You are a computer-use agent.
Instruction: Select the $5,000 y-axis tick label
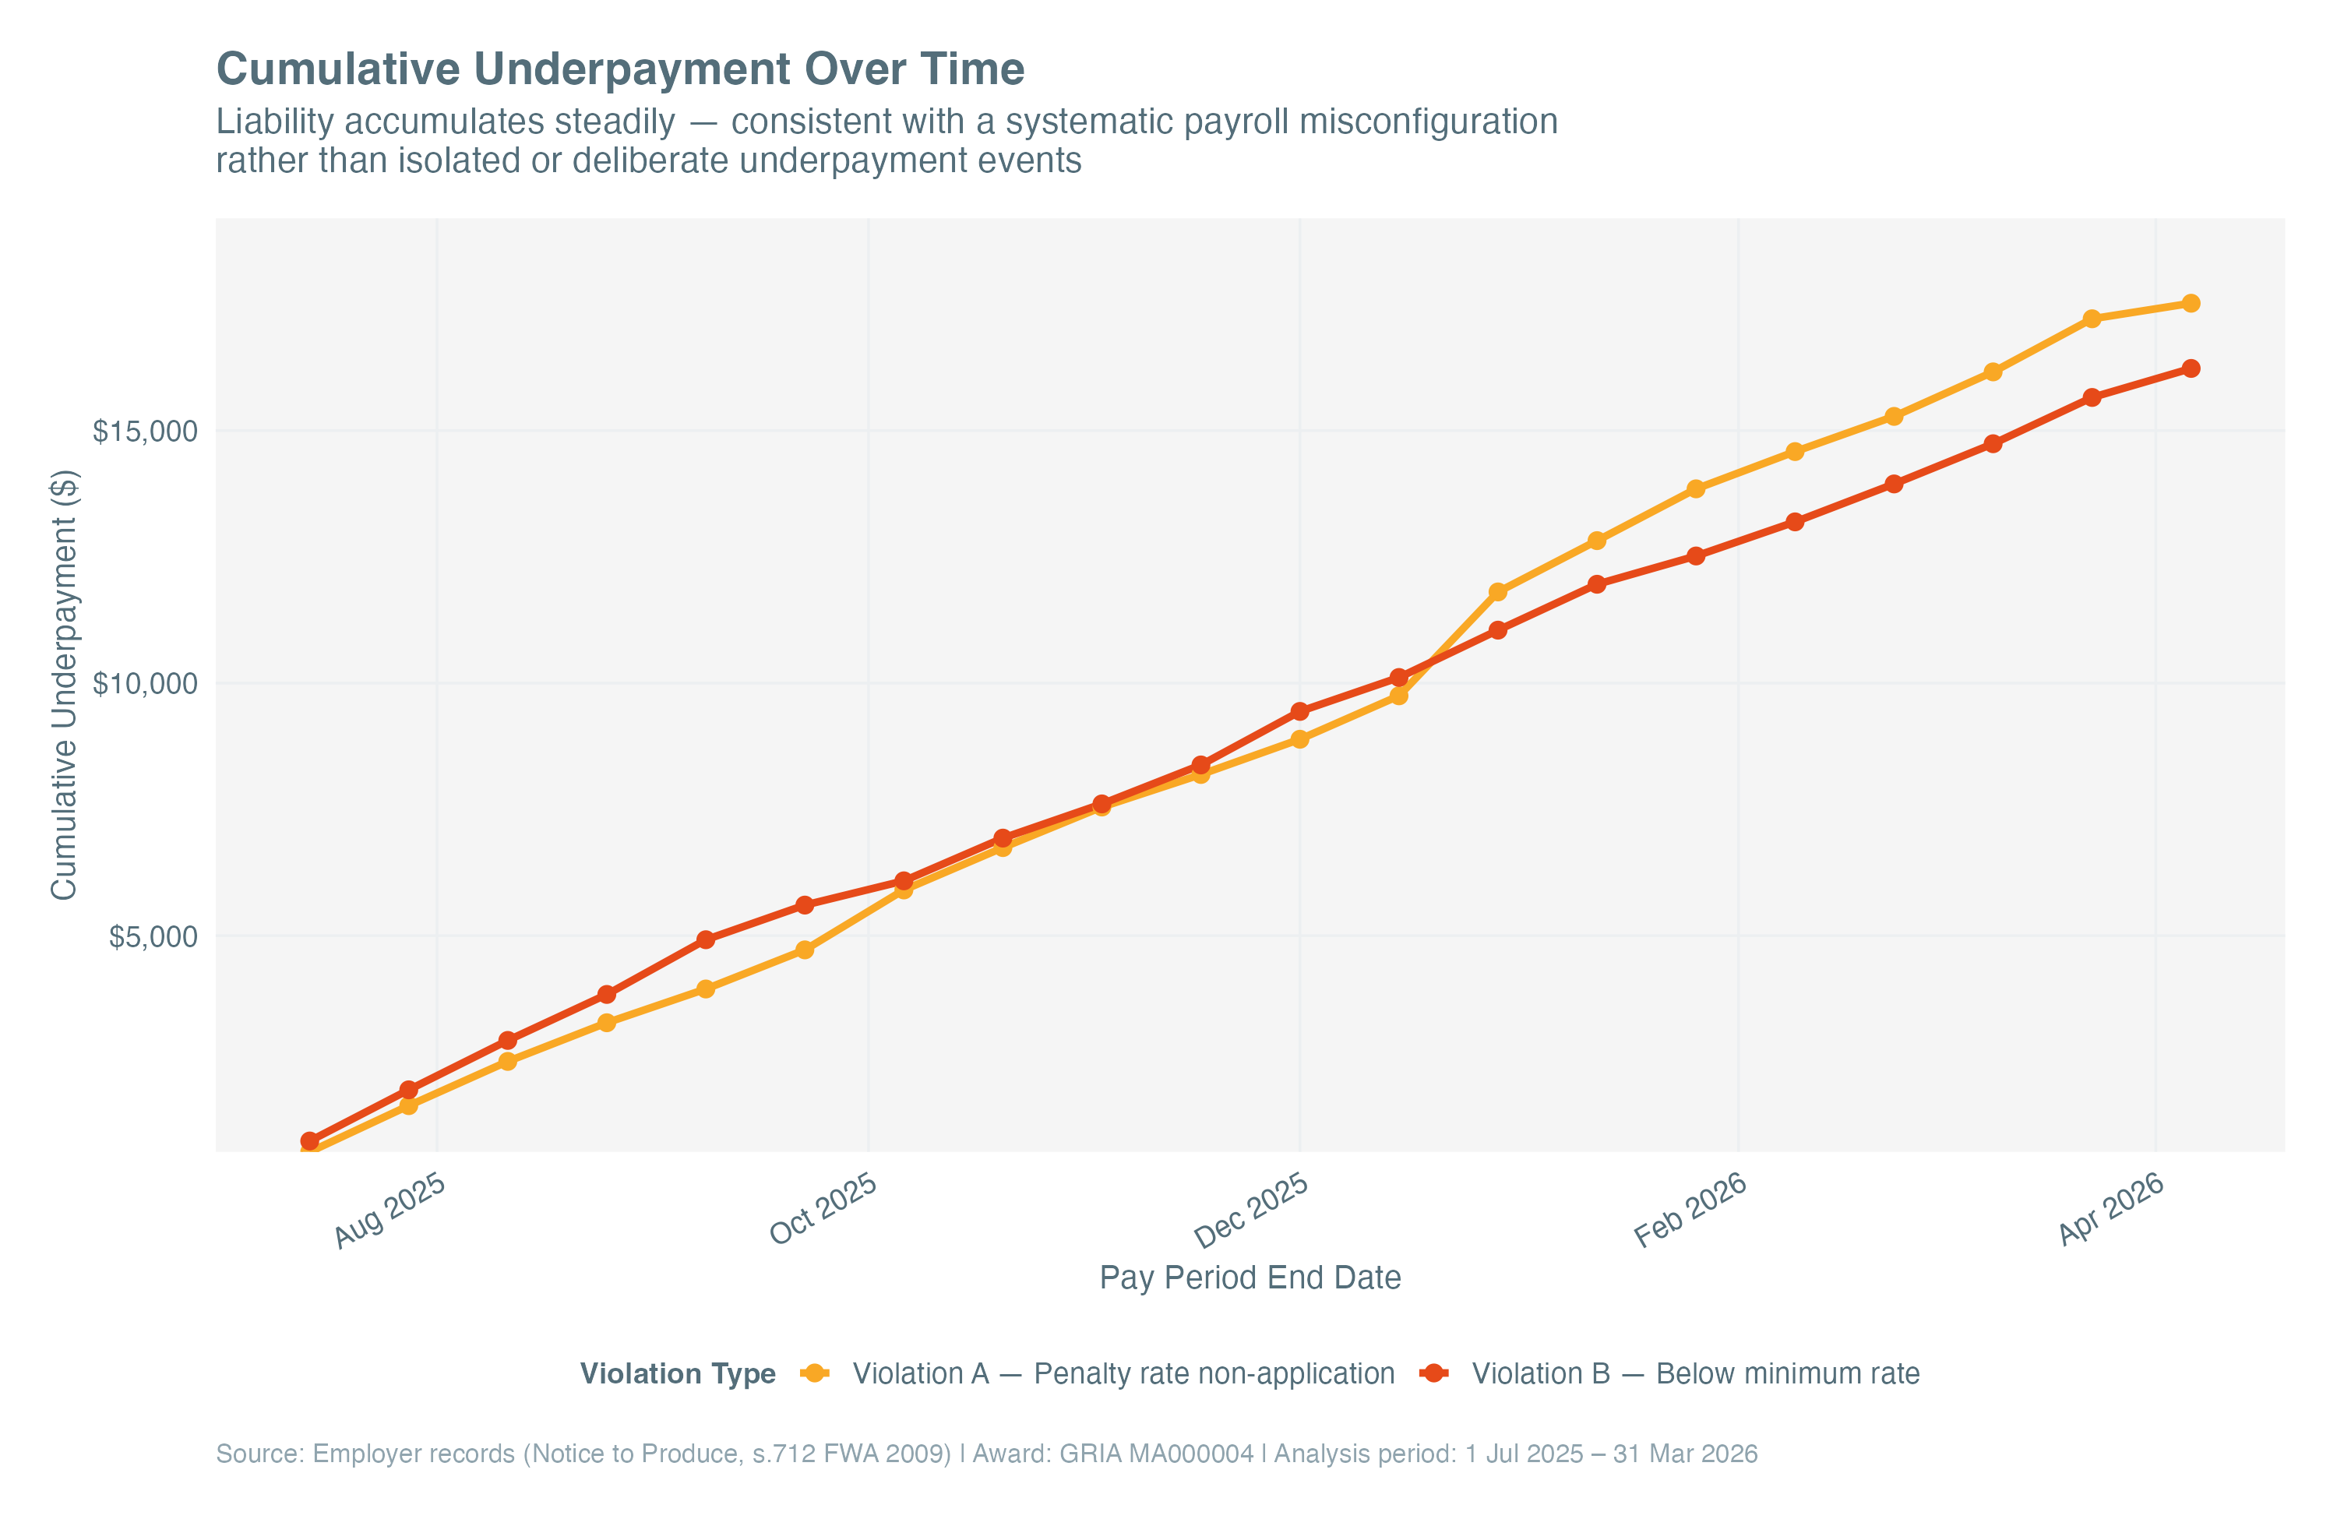152,937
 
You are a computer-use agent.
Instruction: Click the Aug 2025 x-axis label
389,1211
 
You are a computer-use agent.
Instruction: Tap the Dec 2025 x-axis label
1251,1211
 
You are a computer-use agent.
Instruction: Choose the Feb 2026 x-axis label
1690,1211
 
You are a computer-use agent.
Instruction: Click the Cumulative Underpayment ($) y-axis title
64,685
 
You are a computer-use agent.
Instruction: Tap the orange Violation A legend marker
814,1373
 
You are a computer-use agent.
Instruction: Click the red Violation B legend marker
1433,1373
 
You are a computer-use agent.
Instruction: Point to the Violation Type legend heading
678,1373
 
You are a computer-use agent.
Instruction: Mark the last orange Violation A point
2190,303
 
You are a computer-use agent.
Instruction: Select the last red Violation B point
2190,368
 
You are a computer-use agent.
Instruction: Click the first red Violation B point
309,1141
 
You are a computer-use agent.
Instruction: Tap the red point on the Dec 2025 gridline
1299,711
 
